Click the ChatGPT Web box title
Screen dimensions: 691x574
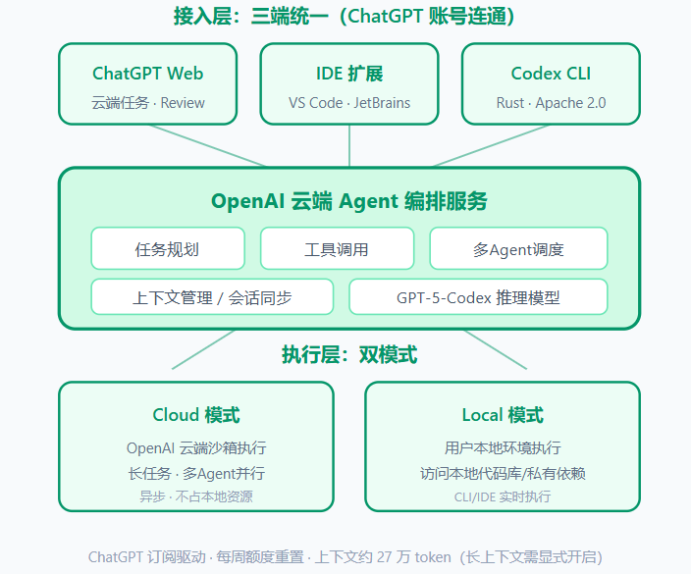(x=147, y=74)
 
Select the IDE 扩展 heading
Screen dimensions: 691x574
(x=349, y=74)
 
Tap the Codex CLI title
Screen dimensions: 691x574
(x=551, y=74)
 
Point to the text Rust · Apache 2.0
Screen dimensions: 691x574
(x=551, y=103)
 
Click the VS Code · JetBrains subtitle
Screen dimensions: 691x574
(x=349, y=103)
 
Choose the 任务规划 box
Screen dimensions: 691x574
(x=168, y=248)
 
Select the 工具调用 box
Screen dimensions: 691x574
(x=337, y=248)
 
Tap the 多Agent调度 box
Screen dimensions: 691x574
(x=518, y=248)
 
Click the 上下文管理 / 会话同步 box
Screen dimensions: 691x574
(x=212, y=297)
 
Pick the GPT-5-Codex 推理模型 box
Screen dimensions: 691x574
(x=478, y=297)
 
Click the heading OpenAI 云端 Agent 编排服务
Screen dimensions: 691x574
(x=349, y=201)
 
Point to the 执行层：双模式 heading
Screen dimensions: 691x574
(x=349, y=354)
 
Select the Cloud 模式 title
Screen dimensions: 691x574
(x=196, y=415)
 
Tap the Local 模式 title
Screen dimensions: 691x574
(x=503, y=415)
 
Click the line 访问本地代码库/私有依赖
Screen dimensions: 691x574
(x=503, y=474)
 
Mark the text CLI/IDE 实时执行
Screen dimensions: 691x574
(x=503, y=496)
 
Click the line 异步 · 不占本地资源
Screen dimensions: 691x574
(x=196, y=496)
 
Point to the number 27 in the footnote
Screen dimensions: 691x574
(x=385, y=557)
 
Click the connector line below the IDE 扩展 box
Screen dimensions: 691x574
(x=349, y=146)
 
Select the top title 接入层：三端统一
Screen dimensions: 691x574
(x=251, y=17)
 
